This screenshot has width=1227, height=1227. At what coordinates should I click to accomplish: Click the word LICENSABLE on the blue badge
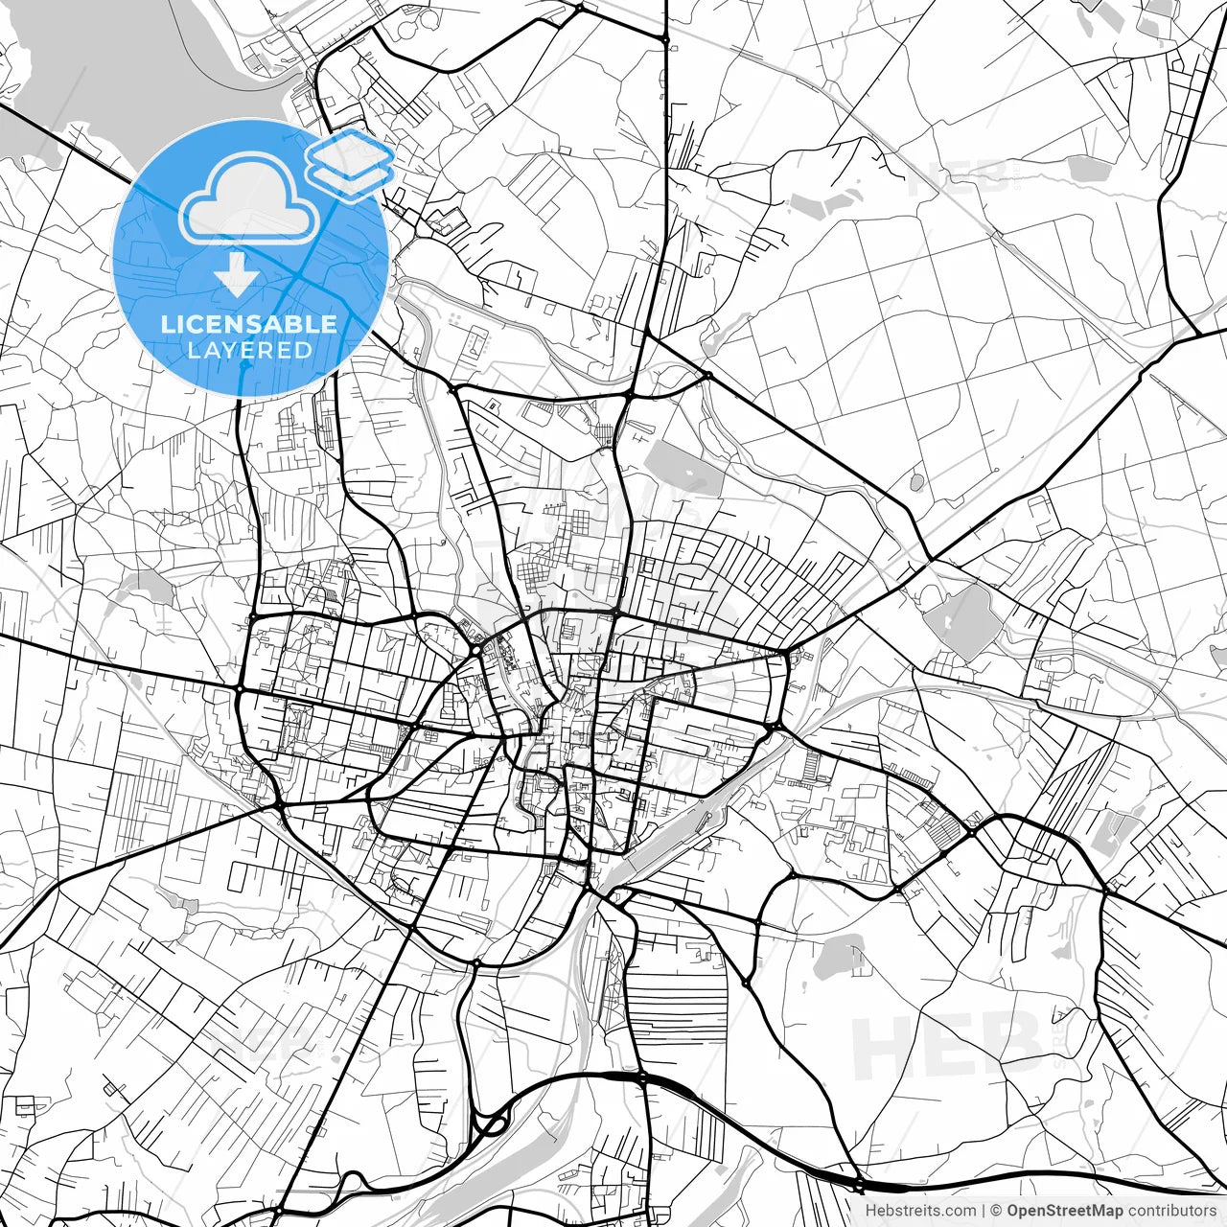pyautogui.click(x=249, y=324)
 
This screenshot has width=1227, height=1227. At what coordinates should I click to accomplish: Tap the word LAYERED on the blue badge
pyautogui.click(x=249, y=351)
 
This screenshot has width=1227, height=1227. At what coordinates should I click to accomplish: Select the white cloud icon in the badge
pyautogui.click(x=249, y=199)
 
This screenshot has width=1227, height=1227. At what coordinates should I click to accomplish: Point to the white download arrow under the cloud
pyautogui.click(x=236, y=274)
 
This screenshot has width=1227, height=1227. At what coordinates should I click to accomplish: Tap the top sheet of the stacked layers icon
pyautogui.click(x=351, y=150)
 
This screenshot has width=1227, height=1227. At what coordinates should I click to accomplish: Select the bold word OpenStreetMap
pyautogui.click(x=1065, y=1211)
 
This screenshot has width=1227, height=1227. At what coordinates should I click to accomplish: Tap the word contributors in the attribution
pyautogui.click(x=1170, y=1211)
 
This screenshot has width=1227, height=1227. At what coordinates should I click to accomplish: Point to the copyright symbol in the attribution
pyautogui.click(x=997, y=1211)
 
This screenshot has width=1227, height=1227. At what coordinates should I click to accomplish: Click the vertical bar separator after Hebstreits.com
pyautogui.click(x=984, y=1211)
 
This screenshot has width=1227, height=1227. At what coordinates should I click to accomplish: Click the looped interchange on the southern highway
pyautogui.click(x=491, y=1123)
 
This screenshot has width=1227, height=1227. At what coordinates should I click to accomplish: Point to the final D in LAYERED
pyautogui.click(x=305, y=351)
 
